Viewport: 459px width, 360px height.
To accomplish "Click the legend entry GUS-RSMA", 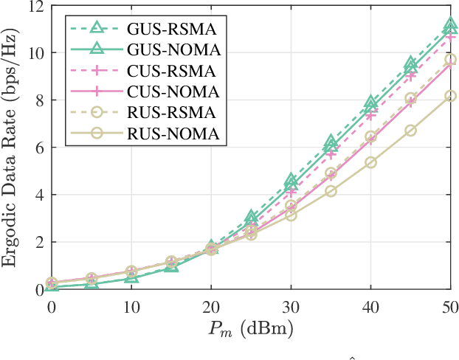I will click(x=170, y=30).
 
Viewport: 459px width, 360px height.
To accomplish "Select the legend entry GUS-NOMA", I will click(x=171, y=50).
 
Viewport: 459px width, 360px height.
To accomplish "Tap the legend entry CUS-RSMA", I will click(x=170, y=72).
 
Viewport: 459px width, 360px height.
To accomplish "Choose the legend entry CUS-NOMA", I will click(x=171, y=92).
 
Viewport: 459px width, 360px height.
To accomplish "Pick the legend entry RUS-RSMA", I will click(x=170, y=113).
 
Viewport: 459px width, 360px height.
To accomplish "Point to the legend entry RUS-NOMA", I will click(x=171, y=134).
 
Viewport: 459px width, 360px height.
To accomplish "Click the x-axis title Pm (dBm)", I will click(x=250, y=329).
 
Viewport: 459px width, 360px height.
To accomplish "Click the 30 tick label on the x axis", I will click(x=291, y=305).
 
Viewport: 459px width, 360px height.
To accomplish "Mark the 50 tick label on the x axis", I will click(x=450, y=305).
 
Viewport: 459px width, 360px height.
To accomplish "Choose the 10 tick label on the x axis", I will click(x=131, y=305).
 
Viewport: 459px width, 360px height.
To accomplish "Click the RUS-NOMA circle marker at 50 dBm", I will click(x=450, y=96).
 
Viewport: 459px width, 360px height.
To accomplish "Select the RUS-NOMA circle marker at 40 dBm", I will click(x=370, y=162).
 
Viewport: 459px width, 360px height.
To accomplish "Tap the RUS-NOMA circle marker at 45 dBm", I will click(x=410, y=131).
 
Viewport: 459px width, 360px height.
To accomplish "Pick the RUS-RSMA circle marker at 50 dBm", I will click(x=450, y=59).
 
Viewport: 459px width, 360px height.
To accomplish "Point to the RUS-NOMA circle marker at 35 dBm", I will click(x=331, y=191).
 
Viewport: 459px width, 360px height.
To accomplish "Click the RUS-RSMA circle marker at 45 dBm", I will click(x=410, y=98).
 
